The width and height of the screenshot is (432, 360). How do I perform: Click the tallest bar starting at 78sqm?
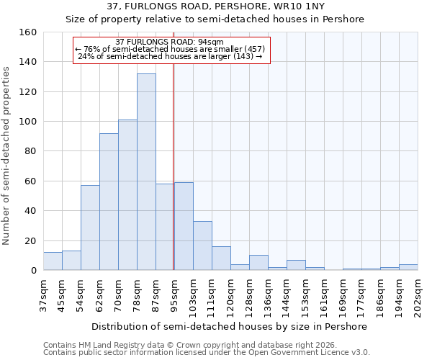pos(146,172)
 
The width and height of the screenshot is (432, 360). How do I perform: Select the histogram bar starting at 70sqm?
pos(127,195)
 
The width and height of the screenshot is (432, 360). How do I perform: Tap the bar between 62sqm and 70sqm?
pos(109,202)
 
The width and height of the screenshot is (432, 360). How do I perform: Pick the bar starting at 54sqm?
pos(90,228)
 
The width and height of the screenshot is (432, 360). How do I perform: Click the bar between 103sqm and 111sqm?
pos(202,246)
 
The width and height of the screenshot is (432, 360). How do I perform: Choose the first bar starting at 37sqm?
pos(53,261)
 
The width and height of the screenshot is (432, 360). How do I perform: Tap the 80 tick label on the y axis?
pos(30,151)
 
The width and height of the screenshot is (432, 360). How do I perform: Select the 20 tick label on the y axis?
pos(30,241)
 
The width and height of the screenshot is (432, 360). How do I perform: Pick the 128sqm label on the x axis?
pos(249,293)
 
